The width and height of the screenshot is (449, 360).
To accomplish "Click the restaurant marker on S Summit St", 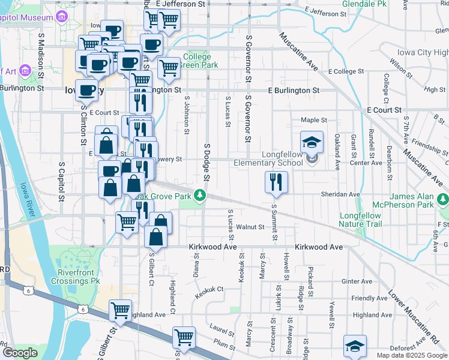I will pos(276,182).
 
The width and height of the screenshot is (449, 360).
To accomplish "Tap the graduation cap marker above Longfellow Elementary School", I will pos(312,143).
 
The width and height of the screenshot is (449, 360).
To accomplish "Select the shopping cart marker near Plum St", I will pos(184,337).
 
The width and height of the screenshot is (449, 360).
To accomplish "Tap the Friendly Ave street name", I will pos(370,298).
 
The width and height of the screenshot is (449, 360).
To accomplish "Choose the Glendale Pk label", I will pos(364,4).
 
